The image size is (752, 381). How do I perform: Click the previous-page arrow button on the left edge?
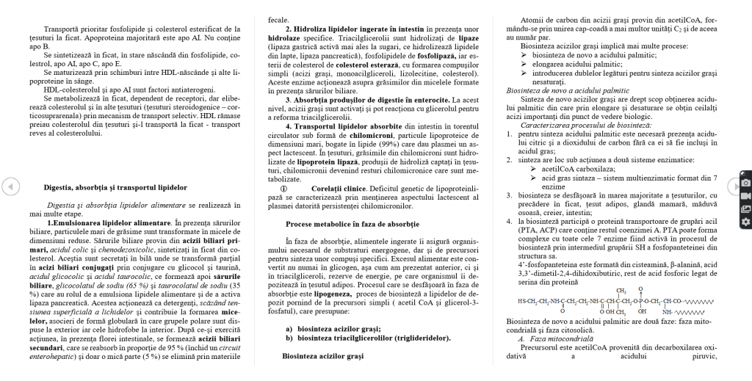[x=8, y=187]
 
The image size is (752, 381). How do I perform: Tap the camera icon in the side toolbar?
[x=746, y=182]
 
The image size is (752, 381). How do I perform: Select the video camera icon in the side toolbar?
[x=746, y=195]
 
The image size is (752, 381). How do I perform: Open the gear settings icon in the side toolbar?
[x=746, y=222]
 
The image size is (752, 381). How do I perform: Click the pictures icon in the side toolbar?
[x=746, y=208]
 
